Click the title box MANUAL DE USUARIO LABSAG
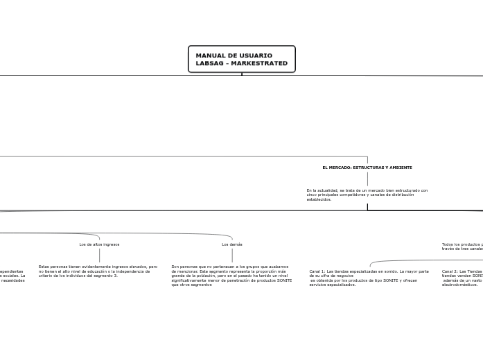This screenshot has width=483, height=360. coord(241,59)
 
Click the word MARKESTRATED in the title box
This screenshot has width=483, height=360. coord(259,63)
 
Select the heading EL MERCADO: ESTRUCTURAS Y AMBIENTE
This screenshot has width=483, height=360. coord(367,168)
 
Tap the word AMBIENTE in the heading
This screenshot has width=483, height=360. coord(400,168)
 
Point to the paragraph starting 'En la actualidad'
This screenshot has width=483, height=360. coord(367,195)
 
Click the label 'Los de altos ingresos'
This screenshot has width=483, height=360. coord(99,244)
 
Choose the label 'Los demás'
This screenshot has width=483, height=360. coord(232,244)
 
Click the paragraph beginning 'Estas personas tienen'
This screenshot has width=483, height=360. coord(98,271)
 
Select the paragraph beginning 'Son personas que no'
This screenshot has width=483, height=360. coord(231,275)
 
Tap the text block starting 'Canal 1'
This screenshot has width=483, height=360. coord(369,278)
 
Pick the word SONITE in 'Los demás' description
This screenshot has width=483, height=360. coord(283,280)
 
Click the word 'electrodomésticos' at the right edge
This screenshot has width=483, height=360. coord(459,285)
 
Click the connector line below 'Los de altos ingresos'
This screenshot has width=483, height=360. coord(99,255)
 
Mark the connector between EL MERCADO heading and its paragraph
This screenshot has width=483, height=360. coord(367,179)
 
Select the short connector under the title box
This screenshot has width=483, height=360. coord(241,73)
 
